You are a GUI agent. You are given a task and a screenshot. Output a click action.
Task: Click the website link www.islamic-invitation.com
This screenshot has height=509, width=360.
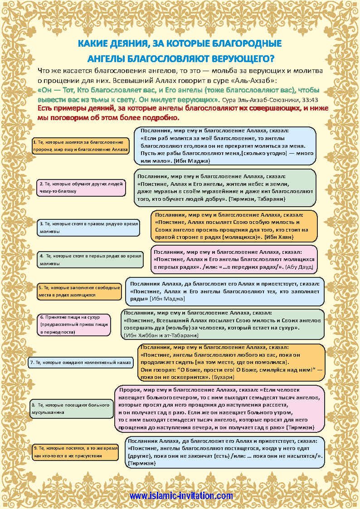[181, 496]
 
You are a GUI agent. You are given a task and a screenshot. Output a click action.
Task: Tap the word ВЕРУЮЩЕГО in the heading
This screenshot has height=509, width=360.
[235, 59]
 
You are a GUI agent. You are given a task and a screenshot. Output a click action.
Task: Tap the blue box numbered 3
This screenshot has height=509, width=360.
[88, 228]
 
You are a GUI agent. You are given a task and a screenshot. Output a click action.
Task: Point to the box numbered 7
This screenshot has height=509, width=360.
[81, 363]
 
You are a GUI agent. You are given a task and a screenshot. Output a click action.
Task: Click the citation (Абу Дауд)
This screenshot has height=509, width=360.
[300, 267]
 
